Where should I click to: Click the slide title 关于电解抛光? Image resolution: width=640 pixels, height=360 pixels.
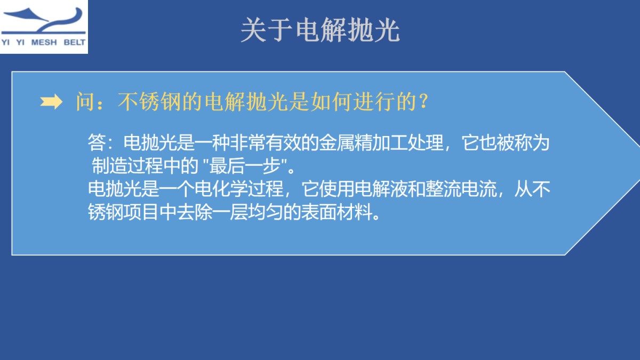pos(319,31)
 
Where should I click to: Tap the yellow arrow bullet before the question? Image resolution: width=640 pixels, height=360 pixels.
pos(51,103)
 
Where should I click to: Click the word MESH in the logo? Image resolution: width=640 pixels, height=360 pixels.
pos(46,43)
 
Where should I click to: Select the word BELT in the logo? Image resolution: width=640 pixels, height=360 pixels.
pos(74,43)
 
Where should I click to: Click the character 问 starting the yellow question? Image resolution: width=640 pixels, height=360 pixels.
pos(85,102)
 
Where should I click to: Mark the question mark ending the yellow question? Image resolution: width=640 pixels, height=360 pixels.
pos(423,102)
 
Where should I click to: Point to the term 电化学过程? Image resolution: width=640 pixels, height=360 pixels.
pos(239,189)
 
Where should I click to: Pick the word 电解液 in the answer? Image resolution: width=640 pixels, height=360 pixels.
pos(381,189)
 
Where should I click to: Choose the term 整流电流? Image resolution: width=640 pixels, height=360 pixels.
pos(461,189)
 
